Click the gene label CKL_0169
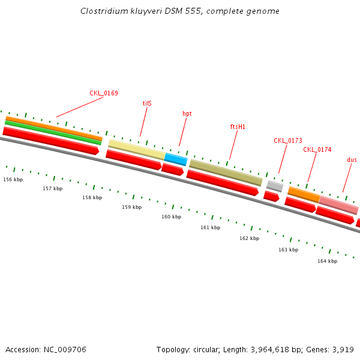(x=104, y=93)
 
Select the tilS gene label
(x=147, y=103)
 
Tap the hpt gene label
(x=187, y=113)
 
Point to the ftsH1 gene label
(x=238, y=127)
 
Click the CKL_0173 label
(x=288, y=140)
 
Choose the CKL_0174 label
(x=317, y=149)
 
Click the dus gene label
(x=352, y=160)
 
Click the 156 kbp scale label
(x=13, y=179)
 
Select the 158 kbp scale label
(x=92, y=197)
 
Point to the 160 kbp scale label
(x=171, y=217)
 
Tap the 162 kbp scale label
(x=249, y=238)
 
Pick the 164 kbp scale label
(x=327, y=261)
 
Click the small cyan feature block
(x=176, y=159)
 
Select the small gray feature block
(x=275, y=186)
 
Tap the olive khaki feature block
(x=226, y=172)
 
